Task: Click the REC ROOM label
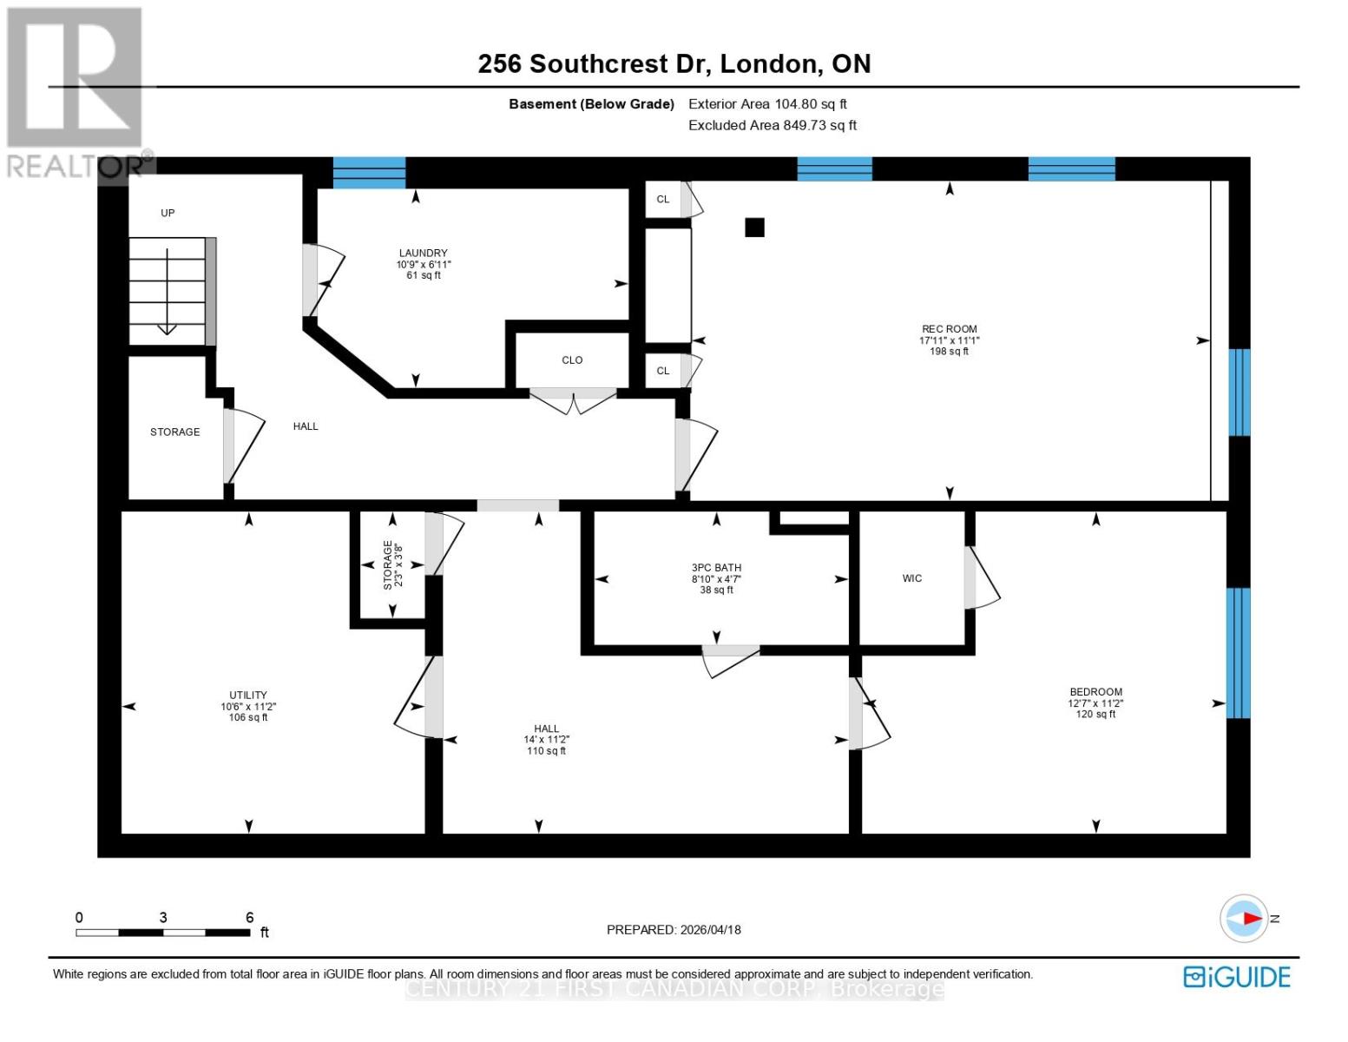coord(949,329)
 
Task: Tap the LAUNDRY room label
coord(423,254)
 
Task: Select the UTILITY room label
coord(247,696)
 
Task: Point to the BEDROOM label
coord(1095,692)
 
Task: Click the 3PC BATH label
coord(716,568)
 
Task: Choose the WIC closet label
coord(911,578)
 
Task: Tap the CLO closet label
coord(572,360)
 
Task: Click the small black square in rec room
coord(754,228)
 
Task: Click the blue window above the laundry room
coord(369,173)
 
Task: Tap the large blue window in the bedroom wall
coord(1238,653)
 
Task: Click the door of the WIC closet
coord(981,577)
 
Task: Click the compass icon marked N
coord(1244,918)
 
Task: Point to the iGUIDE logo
coord(1236,977)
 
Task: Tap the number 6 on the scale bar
coord(250,918)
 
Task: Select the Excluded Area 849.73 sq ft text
coord(772,125)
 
